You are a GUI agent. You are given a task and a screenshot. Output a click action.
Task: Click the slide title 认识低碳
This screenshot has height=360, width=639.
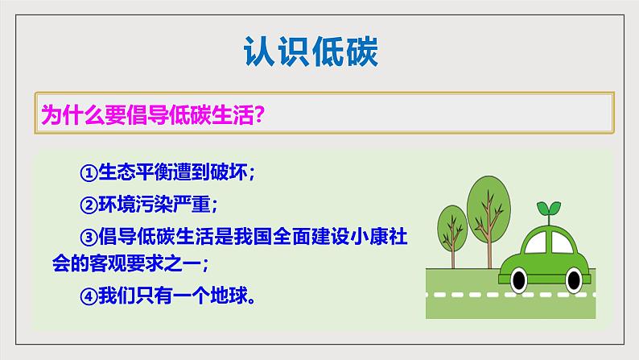[x=310, y=52]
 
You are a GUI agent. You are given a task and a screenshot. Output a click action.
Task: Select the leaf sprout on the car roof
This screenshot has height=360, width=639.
[x=550, y=209]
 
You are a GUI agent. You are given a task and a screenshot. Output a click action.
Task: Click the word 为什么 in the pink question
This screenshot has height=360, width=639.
[x=67, y=116]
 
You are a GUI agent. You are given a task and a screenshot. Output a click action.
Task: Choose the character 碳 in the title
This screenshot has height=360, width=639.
[x=360, y=52]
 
